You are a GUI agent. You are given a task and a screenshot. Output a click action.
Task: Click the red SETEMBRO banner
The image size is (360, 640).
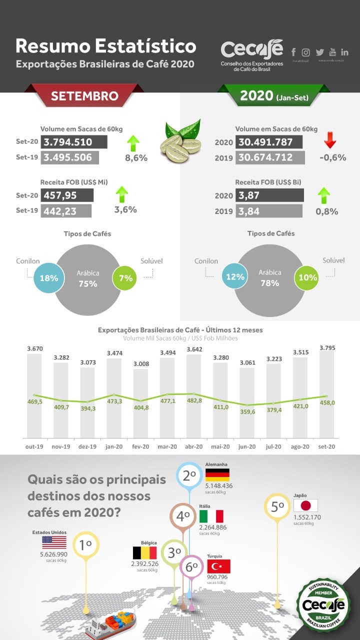[84, 95]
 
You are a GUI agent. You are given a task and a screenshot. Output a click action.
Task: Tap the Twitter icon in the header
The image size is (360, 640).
[319, 52]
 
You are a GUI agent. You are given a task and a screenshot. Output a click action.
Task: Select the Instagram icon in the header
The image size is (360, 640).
[306, 52]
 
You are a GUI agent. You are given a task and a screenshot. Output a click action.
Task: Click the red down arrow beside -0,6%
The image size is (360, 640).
[330, 140]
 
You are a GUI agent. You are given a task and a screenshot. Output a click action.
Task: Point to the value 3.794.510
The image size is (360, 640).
[73, 142]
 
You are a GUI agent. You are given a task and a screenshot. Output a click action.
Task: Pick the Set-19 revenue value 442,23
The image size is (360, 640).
[66, 211]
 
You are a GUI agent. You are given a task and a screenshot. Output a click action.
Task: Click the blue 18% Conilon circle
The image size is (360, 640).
[48, 277]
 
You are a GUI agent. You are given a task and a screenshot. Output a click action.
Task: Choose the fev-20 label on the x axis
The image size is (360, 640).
[140, 446]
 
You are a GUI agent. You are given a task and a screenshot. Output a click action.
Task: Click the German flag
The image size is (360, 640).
[217, 474]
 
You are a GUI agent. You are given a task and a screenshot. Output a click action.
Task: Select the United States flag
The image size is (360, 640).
[54, 542]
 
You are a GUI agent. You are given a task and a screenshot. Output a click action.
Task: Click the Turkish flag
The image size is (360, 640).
[218, 566]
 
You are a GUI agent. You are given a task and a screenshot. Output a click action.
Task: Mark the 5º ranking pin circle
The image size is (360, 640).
[277, 506]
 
